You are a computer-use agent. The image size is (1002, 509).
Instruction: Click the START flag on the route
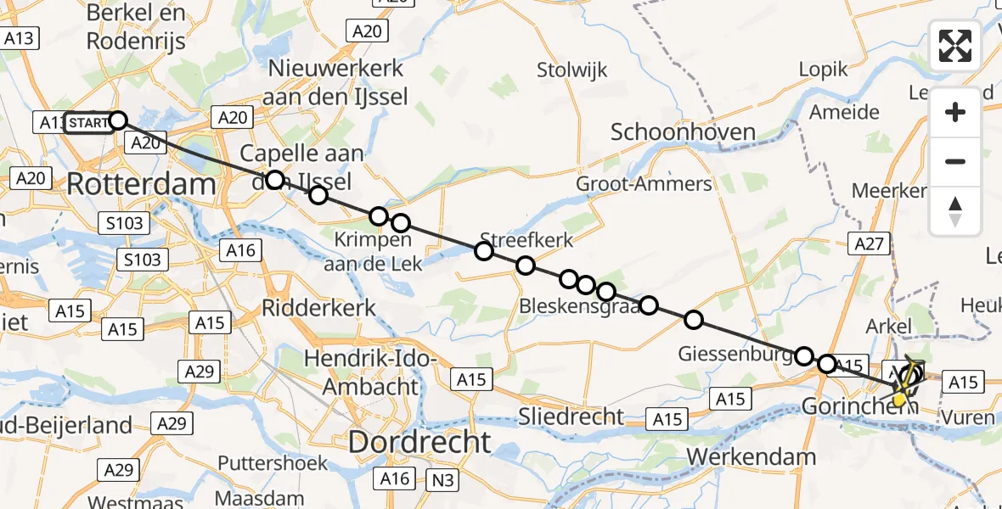click(87, 123)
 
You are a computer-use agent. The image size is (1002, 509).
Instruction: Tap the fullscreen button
click(955, 46)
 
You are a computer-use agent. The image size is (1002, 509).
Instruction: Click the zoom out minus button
click(955, 161)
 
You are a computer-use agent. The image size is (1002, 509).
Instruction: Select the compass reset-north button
click(955, 211)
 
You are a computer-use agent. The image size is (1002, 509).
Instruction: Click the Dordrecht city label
click(419, 441)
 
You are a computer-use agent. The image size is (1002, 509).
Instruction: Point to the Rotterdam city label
click(141, 184)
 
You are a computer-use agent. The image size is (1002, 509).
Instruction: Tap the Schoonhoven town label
click(683, 131)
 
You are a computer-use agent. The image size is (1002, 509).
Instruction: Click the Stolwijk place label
click(572, 70)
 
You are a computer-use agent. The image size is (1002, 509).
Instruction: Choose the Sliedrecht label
click(574, 417)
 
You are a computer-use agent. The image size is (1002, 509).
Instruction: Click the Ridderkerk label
click(319, 307)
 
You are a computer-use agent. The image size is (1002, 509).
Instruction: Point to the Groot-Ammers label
click(644, 184)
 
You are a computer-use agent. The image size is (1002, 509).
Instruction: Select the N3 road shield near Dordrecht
click(441, 481)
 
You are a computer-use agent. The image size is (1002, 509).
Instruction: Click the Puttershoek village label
click(261, 463)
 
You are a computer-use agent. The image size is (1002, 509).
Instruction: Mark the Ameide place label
click(844, 112)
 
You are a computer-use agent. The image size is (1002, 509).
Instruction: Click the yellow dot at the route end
click(898, 400)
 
